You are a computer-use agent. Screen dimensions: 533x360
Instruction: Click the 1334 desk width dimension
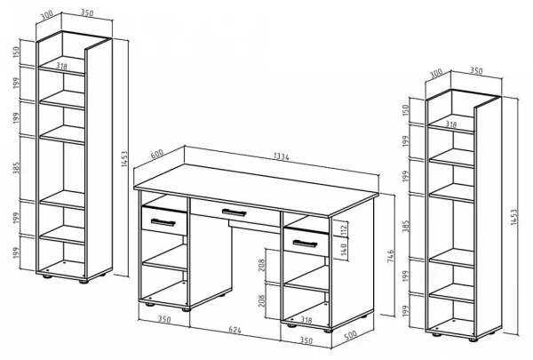[x=281, y=156]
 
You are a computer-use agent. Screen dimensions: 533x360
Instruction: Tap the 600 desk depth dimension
[x=157, y=154]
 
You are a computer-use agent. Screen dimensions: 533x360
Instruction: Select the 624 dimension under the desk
[x=235, y=330]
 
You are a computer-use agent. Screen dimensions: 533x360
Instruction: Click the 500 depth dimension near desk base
[x=351, y=335]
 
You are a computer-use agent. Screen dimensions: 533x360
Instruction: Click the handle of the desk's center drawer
[x=234, y=212]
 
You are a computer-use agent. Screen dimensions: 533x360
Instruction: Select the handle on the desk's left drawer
[x=163, y=222]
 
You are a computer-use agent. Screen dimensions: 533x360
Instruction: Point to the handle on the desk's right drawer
[x=305, y=244]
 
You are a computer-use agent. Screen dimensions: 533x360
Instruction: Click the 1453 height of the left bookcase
[x=124, y=158]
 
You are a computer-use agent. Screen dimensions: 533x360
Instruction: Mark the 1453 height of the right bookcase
[x=513, y=216]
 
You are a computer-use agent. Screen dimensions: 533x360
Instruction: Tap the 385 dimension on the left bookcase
[x=16, y=168]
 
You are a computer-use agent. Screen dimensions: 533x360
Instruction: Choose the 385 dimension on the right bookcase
[x=406, y=226]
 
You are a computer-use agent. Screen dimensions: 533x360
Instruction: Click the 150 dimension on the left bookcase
[x=16, y=52]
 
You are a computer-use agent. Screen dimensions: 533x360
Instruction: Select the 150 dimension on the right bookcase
[x=406, y=110]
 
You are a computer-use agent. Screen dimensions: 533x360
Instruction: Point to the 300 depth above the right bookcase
[x=436, y=74]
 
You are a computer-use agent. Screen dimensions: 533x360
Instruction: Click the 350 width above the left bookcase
[x=87, y=12]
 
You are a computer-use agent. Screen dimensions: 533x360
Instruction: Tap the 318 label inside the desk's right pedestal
[x=306, y=320]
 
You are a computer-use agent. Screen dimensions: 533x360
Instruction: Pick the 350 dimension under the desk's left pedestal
[x=164, y=319]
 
